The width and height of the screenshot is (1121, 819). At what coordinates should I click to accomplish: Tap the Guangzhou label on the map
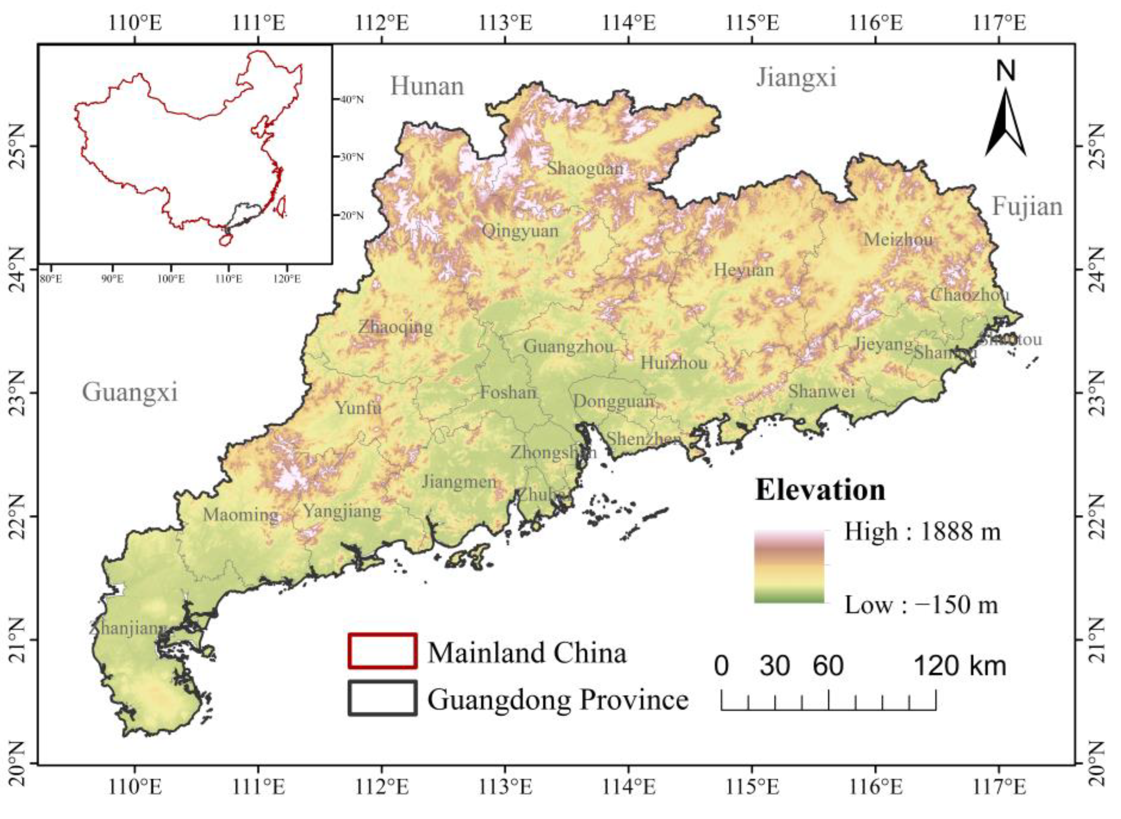click(x=569, y=346)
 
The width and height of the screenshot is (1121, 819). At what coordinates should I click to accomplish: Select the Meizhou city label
click(x=898, y=240)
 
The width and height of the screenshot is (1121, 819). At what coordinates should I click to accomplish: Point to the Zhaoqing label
click(x=395, y=327)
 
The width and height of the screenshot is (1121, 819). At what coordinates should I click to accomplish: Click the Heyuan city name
click(x=744, y=270)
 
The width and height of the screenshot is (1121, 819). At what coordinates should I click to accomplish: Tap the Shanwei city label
click(x=821, y=392)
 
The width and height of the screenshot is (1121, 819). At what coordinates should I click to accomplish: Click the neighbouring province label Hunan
click(x=427, y=87)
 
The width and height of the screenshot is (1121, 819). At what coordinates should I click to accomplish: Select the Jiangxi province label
click(x=796, y=78)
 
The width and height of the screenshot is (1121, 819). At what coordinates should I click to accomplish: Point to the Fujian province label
click(x=1027, y=207)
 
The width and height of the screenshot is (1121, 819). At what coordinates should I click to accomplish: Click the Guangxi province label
click(x=130, y=392)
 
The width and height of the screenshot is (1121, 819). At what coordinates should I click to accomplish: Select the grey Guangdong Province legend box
click(x=382, y=698)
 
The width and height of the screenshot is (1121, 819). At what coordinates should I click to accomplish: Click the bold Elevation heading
click(x=820, y=490)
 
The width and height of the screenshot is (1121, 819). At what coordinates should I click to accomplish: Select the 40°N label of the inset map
click(x=351, y=100)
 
